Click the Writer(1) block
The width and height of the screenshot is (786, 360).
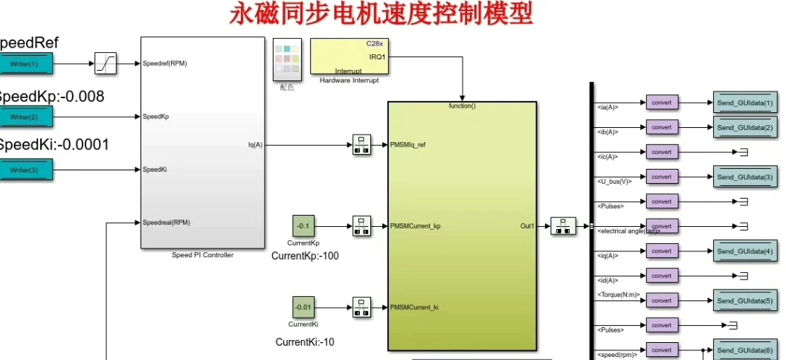pyautogui.click(x=25, y=64)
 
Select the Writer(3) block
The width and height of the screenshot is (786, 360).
pyautogui.click(x=25, y=170)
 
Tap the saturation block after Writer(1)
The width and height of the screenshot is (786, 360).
pyautogui.click(x=106, y=64)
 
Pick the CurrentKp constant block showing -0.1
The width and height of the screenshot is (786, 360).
pyautogui.click(x=303, y=225)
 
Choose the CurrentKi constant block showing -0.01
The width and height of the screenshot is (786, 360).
pyautogui.click(x=303, y=306)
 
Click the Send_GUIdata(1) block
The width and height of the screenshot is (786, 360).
pyautogui.click(x=745, y=103)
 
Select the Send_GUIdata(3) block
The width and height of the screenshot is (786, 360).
pyautogui.click(x=745, y=177)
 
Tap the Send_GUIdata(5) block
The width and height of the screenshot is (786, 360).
pyautogui.click(x=745, y=300)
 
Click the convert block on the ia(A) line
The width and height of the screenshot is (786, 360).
pyautogui.click(x=661, y=103)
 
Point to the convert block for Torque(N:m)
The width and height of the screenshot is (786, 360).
pyautogui.click(x=661, y=300)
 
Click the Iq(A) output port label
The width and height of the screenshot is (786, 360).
pyautogui.click(x=255, y=145)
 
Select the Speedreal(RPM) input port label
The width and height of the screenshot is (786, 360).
pyautogui.click(x=166, y=222)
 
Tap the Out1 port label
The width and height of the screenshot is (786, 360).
pyautogui.click(x=527, y=225)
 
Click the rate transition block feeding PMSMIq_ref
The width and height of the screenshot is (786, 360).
pyautogui.click(x=361, y=145)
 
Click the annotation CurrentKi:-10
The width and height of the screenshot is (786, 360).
pyautogui.click(x=305, y=342)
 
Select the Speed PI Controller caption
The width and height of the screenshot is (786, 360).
pyautogui.click(x=202, y=255)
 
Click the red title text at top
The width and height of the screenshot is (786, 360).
pyautogui.click(x=381, y=13)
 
